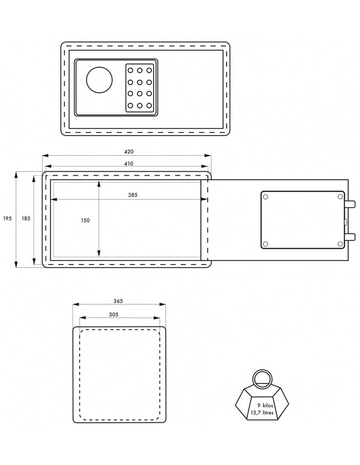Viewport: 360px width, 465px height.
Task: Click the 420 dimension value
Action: coord(129,152)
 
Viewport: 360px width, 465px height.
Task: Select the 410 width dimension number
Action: coord(129,163)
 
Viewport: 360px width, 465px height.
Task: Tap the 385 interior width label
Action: coord(133,195)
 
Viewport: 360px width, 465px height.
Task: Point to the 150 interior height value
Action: coord(85,220)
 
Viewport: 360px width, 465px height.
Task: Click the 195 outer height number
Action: coord(7,218)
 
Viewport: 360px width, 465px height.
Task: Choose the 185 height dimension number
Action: coord(26,218)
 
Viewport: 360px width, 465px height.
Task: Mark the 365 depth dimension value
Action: coord(118,301)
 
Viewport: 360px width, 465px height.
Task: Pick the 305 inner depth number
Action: coord(113,314)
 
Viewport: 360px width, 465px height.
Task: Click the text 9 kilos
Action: coord(265,405)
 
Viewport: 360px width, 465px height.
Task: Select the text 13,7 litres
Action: coord(262,413)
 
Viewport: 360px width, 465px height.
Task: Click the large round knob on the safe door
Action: coord(99,80)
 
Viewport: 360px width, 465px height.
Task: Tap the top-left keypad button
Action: coord(130,70)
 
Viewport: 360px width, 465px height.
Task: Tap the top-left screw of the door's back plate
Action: coord(265,197)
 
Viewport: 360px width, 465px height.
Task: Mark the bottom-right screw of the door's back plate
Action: coord(340,244)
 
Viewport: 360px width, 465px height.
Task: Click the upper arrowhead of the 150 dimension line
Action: coord(99,183)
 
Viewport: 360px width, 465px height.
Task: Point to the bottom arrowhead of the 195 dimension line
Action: coord(16,264)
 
